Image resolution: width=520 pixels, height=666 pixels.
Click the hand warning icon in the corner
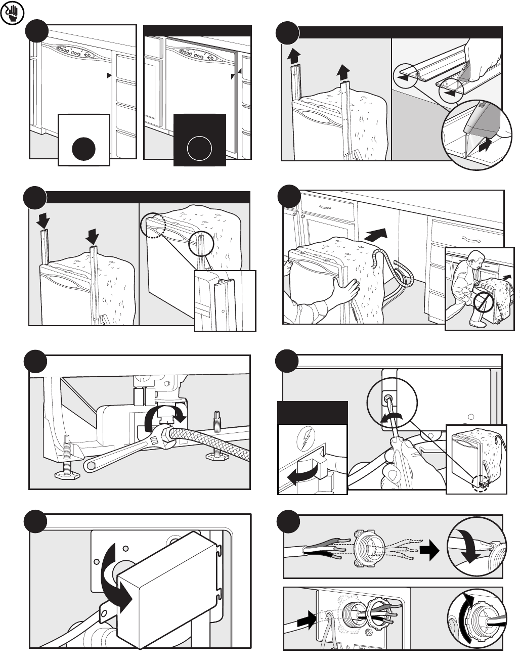(11, 14)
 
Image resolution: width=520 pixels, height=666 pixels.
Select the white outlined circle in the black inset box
(199, 149)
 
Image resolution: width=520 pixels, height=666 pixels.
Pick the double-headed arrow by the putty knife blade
(483, 146)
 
